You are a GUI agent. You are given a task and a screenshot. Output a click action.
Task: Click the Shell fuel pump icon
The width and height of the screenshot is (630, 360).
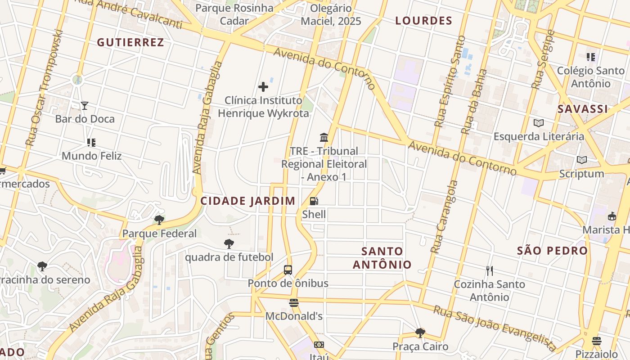tap(314, 201)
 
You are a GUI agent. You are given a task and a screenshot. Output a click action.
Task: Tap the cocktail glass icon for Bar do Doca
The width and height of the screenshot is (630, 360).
tap(85, 106)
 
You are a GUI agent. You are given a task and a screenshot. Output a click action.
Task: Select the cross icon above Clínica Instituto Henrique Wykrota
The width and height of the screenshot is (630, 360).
tap(263, 87)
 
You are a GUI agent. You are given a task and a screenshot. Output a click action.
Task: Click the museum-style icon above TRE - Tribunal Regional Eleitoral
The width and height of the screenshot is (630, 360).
tap(324, 137)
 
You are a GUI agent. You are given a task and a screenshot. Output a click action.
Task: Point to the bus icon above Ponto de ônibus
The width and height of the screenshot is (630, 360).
tap(288, 270)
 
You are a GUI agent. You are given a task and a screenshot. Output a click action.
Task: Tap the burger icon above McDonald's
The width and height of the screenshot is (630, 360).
tap(294, 303)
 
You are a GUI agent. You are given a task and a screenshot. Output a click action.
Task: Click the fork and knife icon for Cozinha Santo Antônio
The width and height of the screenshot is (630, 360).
tap(490, 271)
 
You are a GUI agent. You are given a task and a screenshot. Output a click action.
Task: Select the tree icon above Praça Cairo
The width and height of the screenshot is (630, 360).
tap(420, 333)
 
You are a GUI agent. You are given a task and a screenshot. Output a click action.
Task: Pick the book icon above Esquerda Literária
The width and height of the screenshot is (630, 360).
tap(539, 123)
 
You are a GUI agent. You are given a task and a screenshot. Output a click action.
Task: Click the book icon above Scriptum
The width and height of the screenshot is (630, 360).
tap(582, 160)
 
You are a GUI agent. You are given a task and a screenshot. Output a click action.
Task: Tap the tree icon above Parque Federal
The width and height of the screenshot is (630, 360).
tap(159, 220)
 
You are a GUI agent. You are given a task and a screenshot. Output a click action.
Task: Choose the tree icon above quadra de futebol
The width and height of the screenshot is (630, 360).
tap(229, 244)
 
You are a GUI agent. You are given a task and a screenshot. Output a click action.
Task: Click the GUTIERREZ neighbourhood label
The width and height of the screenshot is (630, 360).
tap(130, 42)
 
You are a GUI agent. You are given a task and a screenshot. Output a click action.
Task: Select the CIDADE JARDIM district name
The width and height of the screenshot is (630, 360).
tap(248, 201)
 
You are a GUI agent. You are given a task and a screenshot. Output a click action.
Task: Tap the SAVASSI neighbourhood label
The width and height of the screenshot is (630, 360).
tap(583, 109)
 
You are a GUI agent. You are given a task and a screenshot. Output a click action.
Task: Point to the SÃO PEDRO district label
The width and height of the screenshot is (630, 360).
tap(552, 251)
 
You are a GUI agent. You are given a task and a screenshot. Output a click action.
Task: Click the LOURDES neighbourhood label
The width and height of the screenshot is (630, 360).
tap(423, 21)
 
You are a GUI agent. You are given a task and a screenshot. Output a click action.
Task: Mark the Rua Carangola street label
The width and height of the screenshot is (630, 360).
tap(444, 216)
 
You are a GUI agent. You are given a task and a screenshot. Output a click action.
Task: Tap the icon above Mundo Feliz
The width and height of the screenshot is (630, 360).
tap(91, 143)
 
